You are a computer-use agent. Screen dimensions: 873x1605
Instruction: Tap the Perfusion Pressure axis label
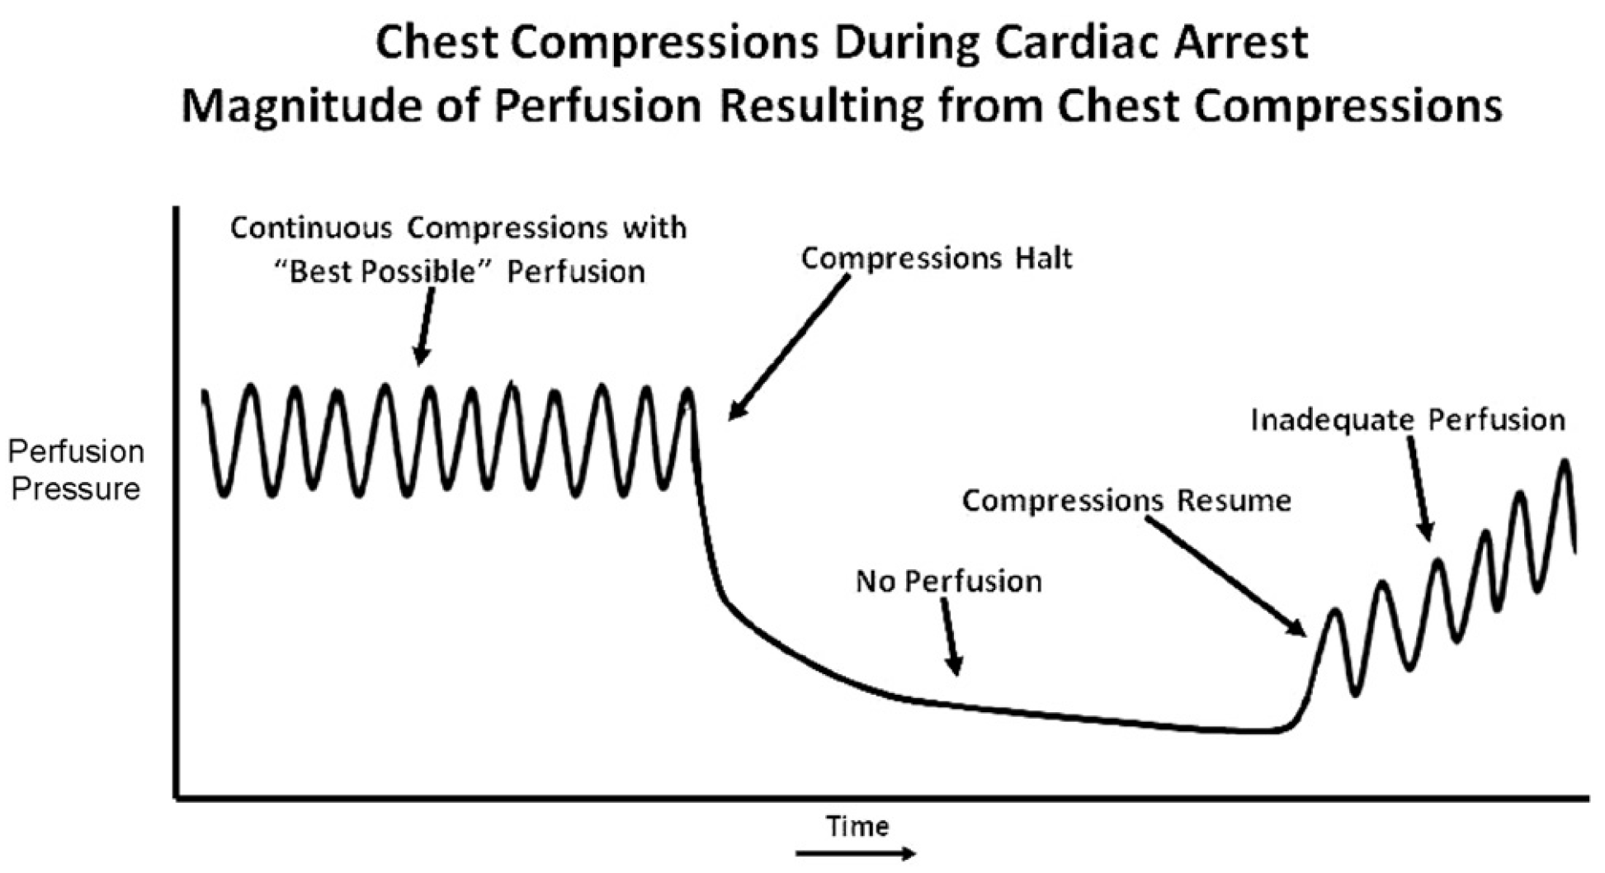point(76,470)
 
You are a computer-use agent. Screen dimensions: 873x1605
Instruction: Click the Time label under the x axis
point(857,826)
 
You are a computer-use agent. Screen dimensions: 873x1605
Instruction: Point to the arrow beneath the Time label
point(856,853)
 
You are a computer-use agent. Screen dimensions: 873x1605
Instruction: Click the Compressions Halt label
point(937,259)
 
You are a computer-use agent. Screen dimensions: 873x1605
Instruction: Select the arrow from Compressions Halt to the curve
point(788,347)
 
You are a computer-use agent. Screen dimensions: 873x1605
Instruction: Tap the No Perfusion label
point(948,581)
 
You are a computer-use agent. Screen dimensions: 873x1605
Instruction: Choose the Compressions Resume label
point(1126,501)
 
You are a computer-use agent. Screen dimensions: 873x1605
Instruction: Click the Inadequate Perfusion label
point(1408,420)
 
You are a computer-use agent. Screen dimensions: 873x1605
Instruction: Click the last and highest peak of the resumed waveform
point(1564,462)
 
